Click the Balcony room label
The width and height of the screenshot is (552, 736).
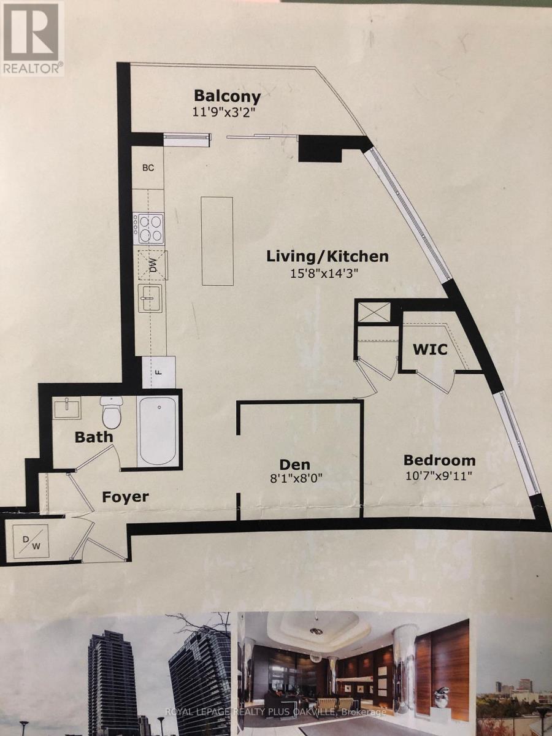(227, 96)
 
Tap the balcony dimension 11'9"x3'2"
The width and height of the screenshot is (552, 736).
(226, 112)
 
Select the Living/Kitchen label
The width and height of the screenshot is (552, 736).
(327, 256)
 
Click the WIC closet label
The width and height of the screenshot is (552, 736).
(429, 350)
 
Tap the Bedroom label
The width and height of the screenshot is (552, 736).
(439, 460)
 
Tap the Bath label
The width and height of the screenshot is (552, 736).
(94, 437)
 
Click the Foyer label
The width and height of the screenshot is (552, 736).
(125, 496)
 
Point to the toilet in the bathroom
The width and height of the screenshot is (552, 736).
(112, 412)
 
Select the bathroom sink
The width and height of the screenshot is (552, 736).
(67, 408)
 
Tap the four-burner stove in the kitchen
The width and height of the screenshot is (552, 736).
(149, 227)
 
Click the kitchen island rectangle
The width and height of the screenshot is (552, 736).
(217, 240)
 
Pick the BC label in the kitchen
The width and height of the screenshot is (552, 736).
(148, 167)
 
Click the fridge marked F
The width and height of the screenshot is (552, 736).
(159, 372)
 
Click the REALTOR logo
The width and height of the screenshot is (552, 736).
(32, 38)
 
